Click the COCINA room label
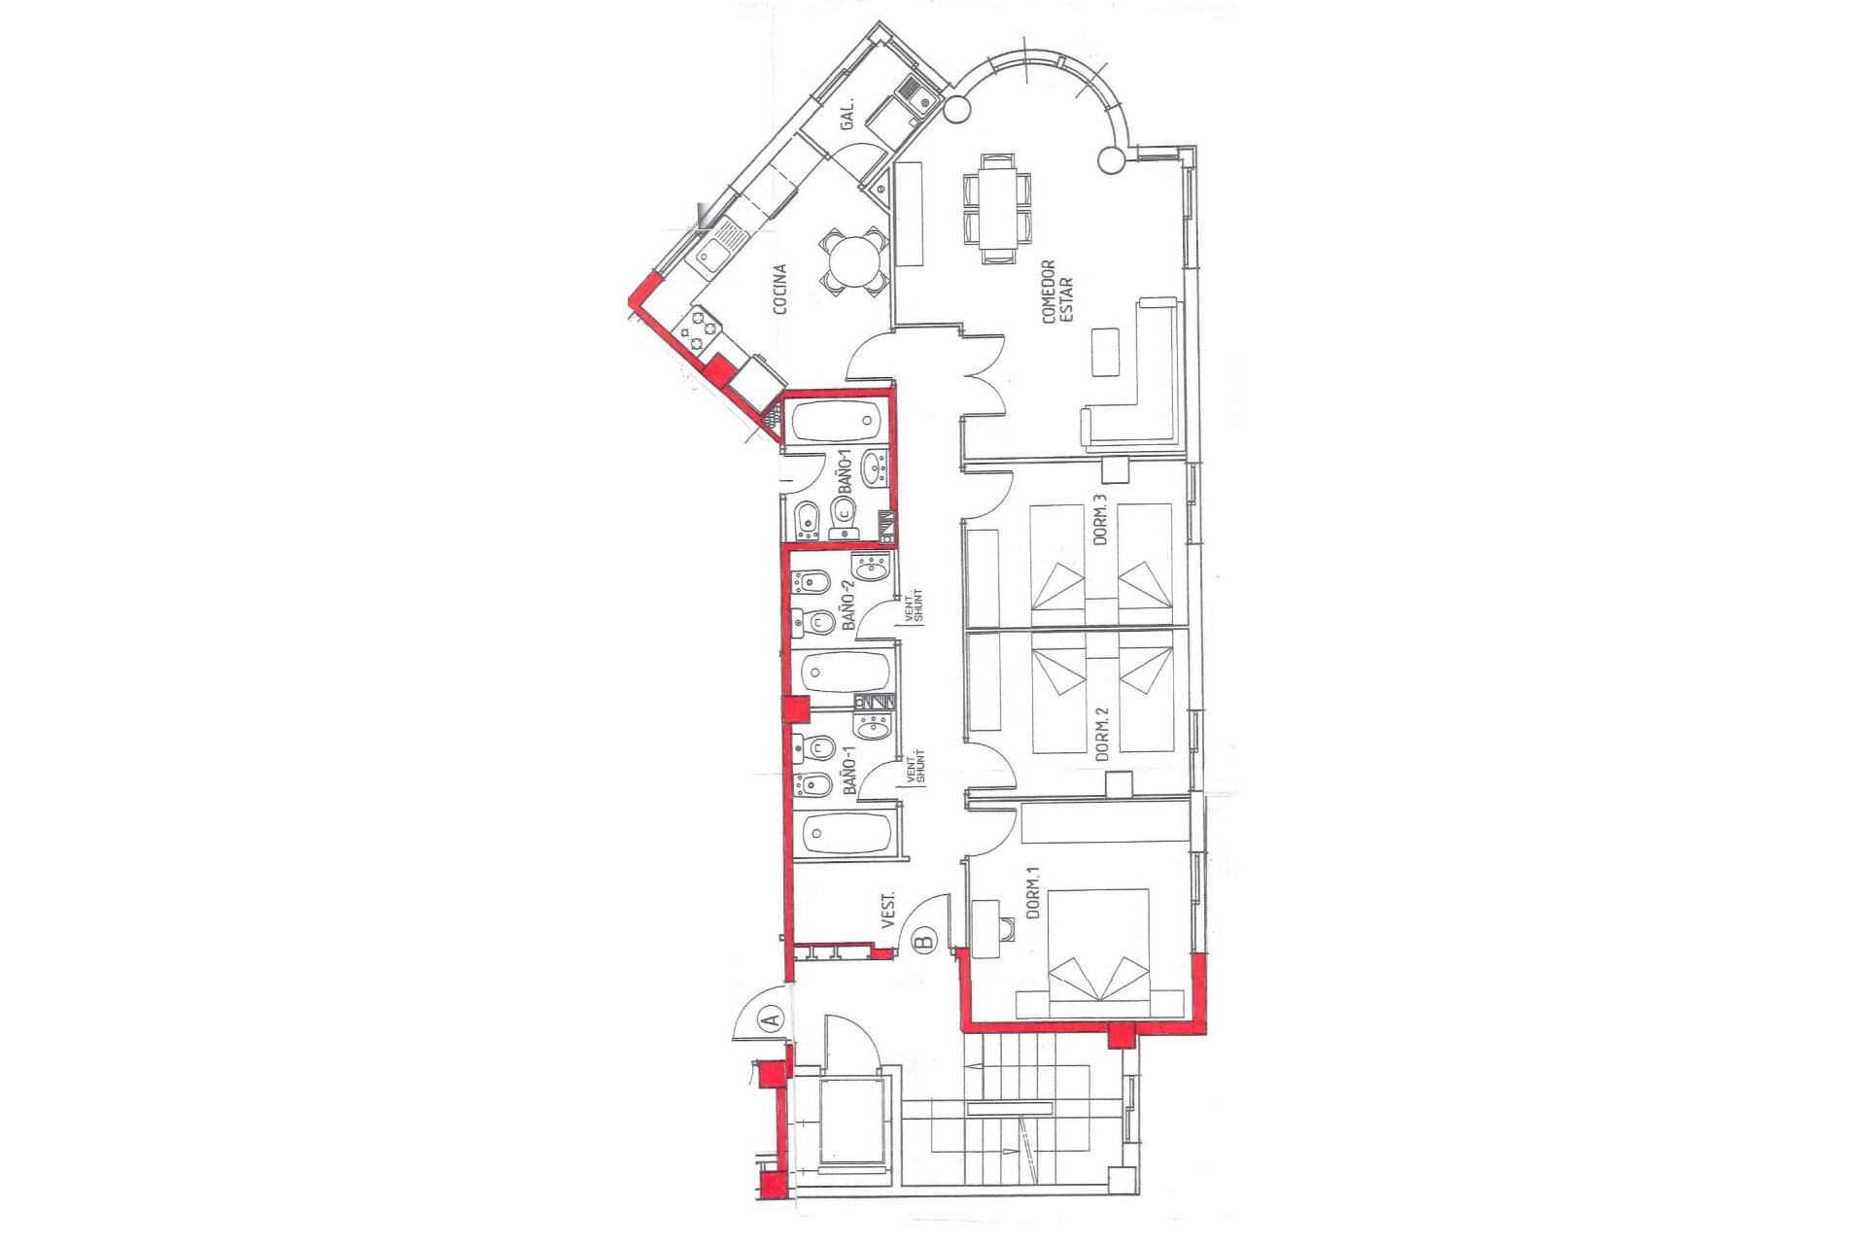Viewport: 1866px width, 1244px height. click(779, 290)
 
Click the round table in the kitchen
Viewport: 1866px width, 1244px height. click(853, 259)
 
